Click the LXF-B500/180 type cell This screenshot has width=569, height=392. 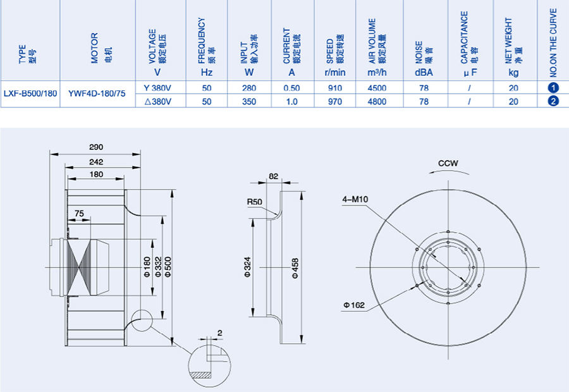coord(30,94)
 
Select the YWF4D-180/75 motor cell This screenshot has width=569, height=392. coord(96,94)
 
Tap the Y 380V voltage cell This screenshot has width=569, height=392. coord(158,88)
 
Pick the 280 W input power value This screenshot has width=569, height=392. coord(249,88)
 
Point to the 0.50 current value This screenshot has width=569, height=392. coord(292,88)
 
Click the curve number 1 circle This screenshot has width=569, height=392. coord(553,88)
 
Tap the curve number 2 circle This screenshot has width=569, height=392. coord(553,101)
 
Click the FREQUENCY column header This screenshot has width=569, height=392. coord(206,44)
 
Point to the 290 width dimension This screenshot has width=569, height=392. coord(96,147)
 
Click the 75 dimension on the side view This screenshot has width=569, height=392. coord(78,214)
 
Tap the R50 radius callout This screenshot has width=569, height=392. coord(254,202)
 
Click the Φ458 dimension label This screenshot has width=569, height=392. coord(295,267)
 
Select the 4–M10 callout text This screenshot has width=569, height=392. coord(355,199)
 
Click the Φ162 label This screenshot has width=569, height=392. coord(354,305)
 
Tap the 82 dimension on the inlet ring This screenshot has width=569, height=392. coord(273,176)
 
